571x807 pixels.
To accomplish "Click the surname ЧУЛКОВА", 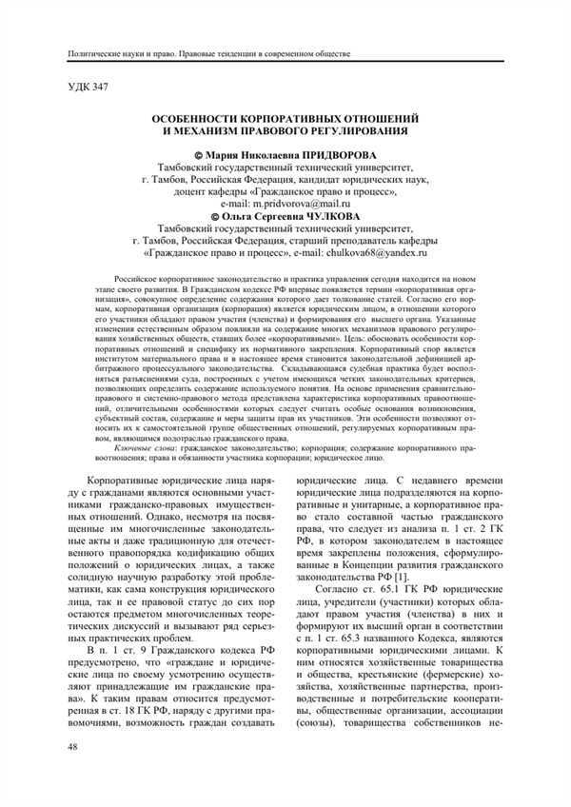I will click(326, 217).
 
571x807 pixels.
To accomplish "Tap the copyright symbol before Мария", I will click(199, 154).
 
